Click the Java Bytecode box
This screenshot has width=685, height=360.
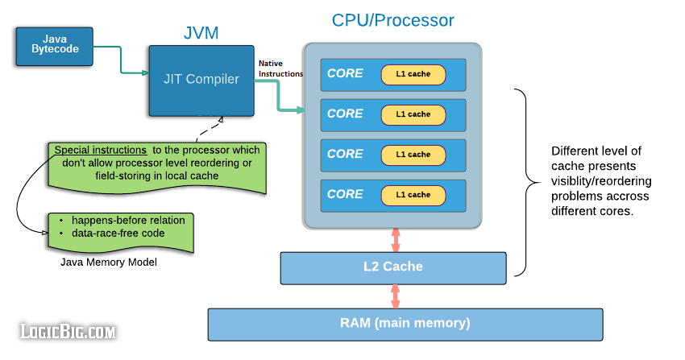[x=54, y=47]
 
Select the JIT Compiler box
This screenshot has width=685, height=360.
[x=201, y=79]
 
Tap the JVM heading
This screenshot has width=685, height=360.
[x=201, y=33]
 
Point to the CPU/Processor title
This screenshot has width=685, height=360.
[x=392, y=20]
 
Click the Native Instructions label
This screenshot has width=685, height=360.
[x=280, y=68]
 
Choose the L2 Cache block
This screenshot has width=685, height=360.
[x=392, y=267]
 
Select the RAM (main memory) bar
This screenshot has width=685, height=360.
[x=405, y=323]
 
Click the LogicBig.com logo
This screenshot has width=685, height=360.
[x=68, y=331]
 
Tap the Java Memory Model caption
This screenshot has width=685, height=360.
[x=108, y=263]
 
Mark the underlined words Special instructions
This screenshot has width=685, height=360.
[x=100, y=150]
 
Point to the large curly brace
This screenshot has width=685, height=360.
[x=525, y=181]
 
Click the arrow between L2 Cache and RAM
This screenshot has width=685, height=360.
[x=395, y=294]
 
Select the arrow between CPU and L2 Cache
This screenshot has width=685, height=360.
[x=395, y=239]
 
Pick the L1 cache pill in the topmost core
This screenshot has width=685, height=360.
[x=413, y=74]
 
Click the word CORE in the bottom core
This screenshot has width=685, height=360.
[x=345, y=194]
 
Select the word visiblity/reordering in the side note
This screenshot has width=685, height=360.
[x=600, y=181]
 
